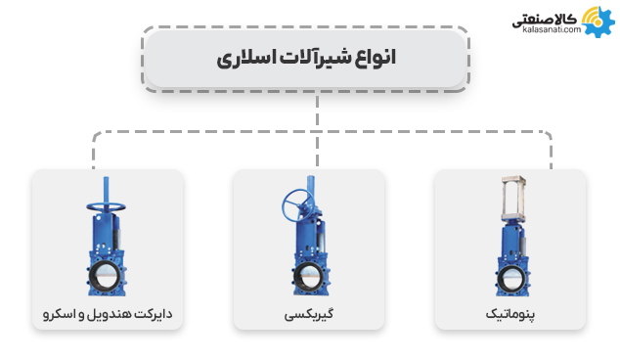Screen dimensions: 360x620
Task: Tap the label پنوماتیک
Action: (x=509, y=315)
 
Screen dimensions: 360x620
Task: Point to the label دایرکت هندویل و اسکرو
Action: (x=107, y=315)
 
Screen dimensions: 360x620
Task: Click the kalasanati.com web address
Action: (x=545, y=30)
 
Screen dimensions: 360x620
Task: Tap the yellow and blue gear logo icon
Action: (x=595, y=20)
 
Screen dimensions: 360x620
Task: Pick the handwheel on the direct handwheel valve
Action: (x=106, y=207)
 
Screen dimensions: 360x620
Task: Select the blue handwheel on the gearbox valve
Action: (x=296, y=205)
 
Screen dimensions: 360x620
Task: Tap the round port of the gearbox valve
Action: (x=308, y=278)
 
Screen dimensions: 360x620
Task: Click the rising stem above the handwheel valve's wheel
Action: (x=104, y=189)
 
